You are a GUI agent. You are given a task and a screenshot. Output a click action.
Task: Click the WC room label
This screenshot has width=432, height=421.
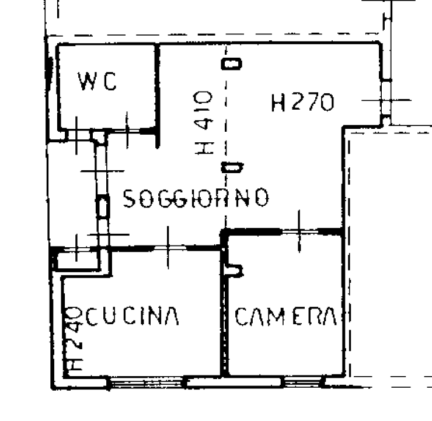click(97, 82)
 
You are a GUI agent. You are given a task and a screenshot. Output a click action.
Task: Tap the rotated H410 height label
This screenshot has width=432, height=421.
click(204, 122)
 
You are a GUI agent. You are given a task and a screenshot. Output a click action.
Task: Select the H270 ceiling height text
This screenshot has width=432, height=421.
click(303, 102)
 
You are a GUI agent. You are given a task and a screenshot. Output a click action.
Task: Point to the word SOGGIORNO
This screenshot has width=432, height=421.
click(196, 198)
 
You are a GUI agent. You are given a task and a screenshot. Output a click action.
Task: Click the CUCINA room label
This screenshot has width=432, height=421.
click(133, 316)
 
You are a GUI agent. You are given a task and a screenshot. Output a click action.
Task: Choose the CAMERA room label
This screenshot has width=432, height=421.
click(285, 317)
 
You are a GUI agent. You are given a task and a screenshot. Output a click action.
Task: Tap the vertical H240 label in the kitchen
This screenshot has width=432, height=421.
click(73, 338)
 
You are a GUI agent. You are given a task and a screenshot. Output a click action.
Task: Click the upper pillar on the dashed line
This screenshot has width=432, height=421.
click(231, 64)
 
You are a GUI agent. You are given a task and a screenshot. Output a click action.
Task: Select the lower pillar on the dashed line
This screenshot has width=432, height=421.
click(232, 167)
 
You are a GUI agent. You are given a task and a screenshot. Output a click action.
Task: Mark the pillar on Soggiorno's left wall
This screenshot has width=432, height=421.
click(103, 206)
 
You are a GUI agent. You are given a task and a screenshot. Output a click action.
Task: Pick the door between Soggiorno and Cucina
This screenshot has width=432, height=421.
click(169, 248)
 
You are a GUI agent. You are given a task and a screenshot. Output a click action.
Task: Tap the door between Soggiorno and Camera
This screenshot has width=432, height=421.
click(299, 231)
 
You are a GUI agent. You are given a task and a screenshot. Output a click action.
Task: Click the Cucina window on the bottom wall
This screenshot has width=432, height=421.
click(146, 383)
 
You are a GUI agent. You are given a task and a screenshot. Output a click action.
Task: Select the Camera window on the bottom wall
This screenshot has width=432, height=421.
click(302, 382)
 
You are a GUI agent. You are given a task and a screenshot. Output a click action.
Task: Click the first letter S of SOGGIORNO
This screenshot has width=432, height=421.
click(129, 198)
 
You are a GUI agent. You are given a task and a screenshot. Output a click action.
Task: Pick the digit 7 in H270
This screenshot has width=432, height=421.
click(313, 102)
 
